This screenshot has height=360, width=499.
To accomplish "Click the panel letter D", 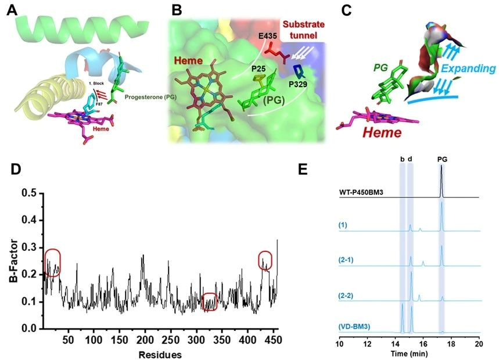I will tap(18, 170).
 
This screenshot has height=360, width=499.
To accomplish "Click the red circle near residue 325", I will tap(210, 301).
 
